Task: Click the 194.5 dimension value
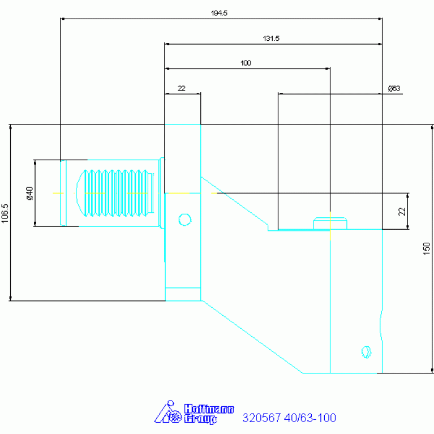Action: tap(219, 13)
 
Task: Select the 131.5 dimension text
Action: tap(271, 38)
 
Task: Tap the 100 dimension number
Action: tap(246, 63)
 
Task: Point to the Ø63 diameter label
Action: tap(394, 88)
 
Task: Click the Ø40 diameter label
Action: tap(29, 193)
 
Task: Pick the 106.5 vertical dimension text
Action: tap(5, 213)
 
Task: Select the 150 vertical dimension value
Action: tap(427, 248)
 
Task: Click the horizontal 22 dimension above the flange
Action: tap(181, 88)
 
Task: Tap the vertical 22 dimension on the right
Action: tap(402, 212)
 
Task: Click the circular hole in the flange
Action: tap(184, 220)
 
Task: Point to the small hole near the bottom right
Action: tap(367, 352)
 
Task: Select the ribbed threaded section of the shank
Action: tap(115, 193)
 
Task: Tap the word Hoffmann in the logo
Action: tap(209, 409)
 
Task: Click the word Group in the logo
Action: tap(200, 419)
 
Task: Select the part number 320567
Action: tap(261, 418)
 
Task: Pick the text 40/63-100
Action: tap(310, 418)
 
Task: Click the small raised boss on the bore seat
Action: tap(330, 224)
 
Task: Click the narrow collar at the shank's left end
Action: tap(63, 193)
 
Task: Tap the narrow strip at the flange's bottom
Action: tap(183, 294)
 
